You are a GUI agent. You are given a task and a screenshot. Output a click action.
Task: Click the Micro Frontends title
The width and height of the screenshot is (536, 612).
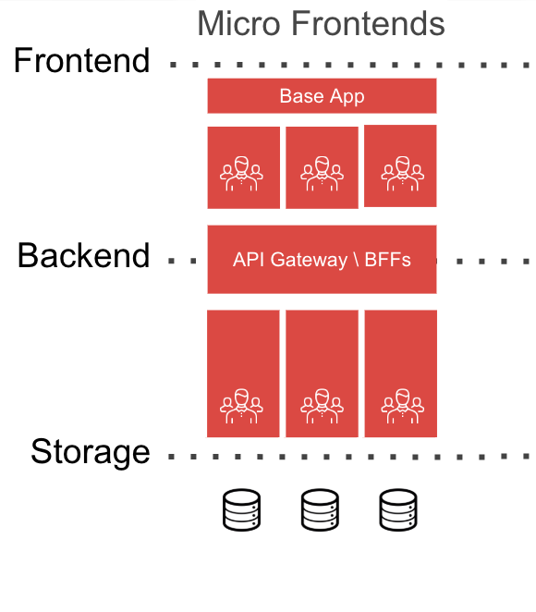[321, 23]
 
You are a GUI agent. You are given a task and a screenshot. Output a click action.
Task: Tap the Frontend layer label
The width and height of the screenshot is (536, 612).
[82, 60]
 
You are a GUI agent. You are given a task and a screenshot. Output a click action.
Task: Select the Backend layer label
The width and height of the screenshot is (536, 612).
[84, 256]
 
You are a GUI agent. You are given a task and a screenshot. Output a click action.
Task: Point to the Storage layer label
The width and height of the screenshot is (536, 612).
[91, 453]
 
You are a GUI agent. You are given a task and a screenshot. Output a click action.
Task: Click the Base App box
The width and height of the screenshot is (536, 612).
[322, 96]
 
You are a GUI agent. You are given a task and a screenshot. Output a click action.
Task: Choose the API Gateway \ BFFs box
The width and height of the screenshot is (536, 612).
[322, 260]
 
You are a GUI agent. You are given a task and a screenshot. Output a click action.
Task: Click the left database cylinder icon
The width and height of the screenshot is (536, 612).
[241, 509]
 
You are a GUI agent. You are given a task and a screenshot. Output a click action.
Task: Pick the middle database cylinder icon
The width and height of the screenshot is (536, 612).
[320, 509]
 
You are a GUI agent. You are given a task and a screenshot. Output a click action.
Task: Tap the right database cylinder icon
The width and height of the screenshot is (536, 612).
[398, 509]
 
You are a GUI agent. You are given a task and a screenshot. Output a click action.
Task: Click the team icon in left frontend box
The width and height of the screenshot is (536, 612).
[241, 174]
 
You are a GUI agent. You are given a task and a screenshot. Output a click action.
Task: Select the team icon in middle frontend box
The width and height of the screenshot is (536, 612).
[322, 174]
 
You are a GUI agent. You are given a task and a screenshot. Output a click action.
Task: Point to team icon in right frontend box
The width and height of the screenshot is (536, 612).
[403, 174]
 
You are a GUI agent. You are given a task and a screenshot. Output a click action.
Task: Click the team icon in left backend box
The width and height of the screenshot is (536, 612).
[241, 407]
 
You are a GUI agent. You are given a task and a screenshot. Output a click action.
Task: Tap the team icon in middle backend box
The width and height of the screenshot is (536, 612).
[322, 407]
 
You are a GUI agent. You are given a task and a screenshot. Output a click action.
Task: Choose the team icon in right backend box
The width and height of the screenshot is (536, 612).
[403, 407]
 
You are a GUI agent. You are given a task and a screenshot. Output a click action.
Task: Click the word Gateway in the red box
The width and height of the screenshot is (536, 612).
[309, 261]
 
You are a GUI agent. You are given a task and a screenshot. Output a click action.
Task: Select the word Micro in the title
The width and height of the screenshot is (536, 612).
[238, 23]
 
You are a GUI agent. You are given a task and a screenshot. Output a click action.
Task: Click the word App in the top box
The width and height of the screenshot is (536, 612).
[347, 97]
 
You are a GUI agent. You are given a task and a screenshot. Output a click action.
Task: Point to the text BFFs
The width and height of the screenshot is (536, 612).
[387, 260]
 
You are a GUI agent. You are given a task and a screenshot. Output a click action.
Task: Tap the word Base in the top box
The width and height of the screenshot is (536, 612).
[302, 96]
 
